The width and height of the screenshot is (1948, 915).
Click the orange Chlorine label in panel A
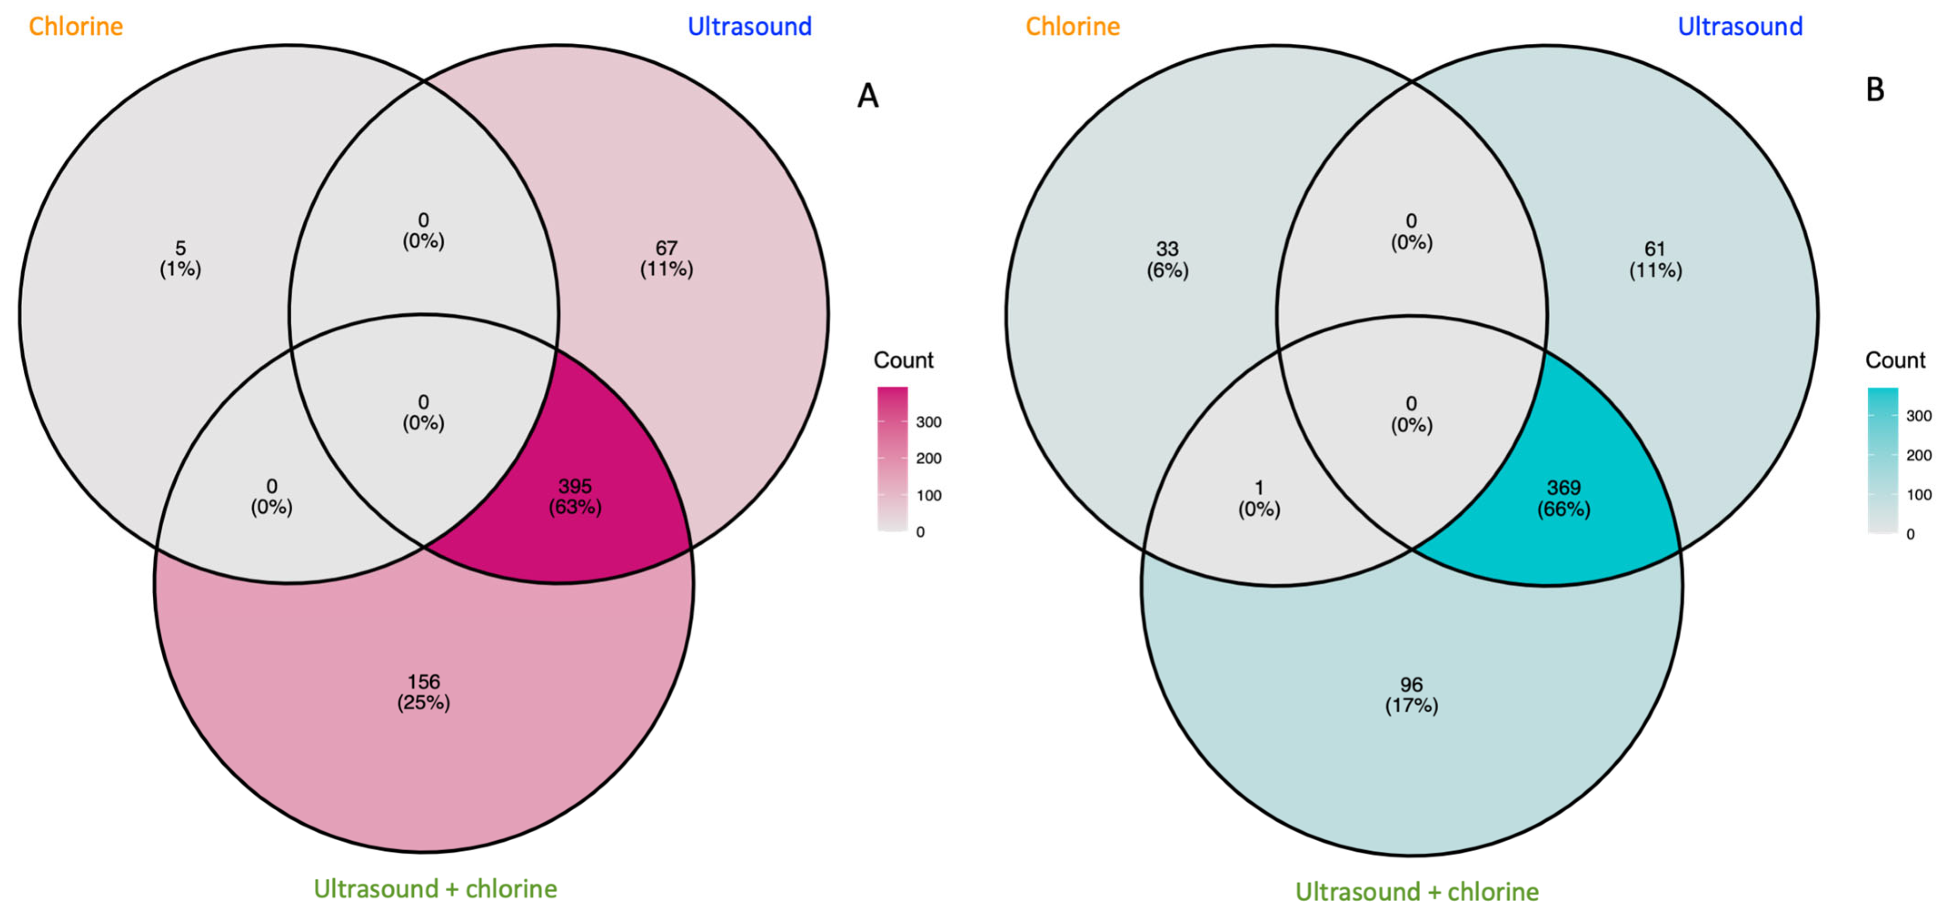click(76, 27)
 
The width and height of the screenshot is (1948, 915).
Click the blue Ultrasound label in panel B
click(1739, 27)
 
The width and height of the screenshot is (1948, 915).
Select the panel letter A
click(867, 96)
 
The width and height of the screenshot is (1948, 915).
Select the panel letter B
click(1875, 90)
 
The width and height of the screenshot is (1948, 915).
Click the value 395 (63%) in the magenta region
click(575, 496)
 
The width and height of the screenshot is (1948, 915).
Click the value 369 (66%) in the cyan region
click(1563, 498)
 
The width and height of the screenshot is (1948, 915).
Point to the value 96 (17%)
click(1411, 695)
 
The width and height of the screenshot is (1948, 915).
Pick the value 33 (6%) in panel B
click(1167, 259)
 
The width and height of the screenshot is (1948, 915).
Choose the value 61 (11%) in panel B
click(1654, 259)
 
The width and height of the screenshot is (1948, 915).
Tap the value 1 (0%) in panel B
click(1259, 498)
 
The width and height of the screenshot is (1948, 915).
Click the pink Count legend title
click(903, 360)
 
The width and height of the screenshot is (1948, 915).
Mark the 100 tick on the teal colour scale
click(1919, 494)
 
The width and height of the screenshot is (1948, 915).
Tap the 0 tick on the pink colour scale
click(920, 532)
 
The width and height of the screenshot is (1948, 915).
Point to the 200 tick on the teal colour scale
click(1919, 455)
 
